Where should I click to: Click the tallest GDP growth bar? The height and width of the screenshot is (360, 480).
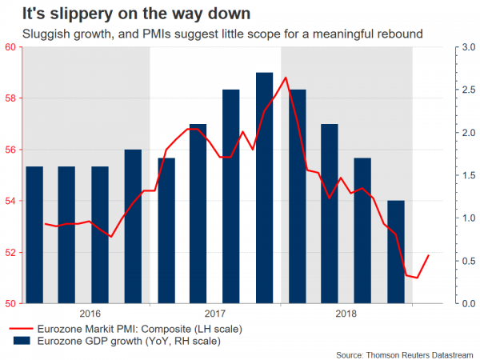click(x=264, y=188)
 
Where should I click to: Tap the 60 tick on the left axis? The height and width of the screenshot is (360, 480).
click(x=10, y=47)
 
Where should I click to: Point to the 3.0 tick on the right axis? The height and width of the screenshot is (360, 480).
click(x=447, y=47)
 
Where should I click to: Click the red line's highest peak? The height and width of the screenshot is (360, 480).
click(x=286, y=78)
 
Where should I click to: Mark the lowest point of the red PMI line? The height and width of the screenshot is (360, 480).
click(x=417, y=278)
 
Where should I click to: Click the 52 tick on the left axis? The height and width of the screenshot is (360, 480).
click(x=10, y=252)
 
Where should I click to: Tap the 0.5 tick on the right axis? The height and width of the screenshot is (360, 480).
click(x=447, y=261)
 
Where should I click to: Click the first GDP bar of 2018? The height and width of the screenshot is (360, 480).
click(x=297, y=197)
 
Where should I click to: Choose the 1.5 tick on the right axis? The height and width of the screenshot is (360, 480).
click(x=447, y=175)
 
